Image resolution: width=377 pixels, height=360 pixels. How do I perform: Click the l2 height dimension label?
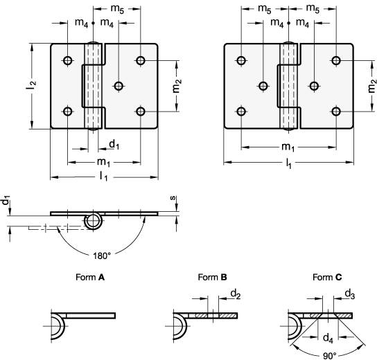(32, 86)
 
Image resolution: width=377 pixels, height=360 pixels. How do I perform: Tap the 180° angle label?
(102, 256)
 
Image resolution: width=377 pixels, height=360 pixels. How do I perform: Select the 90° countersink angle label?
(329, 356)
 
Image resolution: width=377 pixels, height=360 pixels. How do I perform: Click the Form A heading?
(90, 278)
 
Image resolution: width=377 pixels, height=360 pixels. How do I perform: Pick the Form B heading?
(212, 278)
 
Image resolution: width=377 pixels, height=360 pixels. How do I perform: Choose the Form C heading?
(327, 278)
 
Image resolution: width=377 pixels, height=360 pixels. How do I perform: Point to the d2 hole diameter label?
(236, 294)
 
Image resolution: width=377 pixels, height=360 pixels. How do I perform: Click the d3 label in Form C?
(350, 294)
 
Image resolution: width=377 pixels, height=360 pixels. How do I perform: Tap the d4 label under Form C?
(328, 339)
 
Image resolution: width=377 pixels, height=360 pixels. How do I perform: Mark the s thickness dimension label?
(173, 198)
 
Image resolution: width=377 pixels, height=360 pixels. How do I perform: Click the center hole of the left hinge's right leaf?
(119, 86)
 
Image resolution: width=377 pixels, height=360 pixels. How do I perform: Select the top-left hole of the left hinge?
(68, 60)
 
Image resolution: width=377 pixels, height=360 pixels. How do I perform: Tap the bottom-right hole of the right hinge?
(336, 111)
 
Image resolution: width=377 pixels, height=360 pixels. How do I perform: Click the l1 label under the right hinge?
(289, 164)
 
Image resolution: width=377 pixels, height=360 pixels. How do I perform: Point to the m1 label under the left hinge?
(103, 162)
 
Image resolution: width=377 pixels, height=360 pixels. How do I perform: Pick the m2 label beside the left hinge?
(177, 86)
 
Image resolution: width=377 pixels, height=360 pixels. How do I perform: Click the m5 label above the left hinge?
(117, 9)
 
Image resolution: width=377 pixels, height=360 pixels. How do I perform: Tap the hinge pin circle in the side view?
(92, 221)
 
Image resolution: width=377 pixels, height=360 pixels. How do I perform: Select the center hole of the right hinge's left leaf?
(263, 86)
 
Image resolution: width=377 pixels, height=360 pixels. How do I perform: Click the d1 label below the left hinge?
(114, 145)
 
